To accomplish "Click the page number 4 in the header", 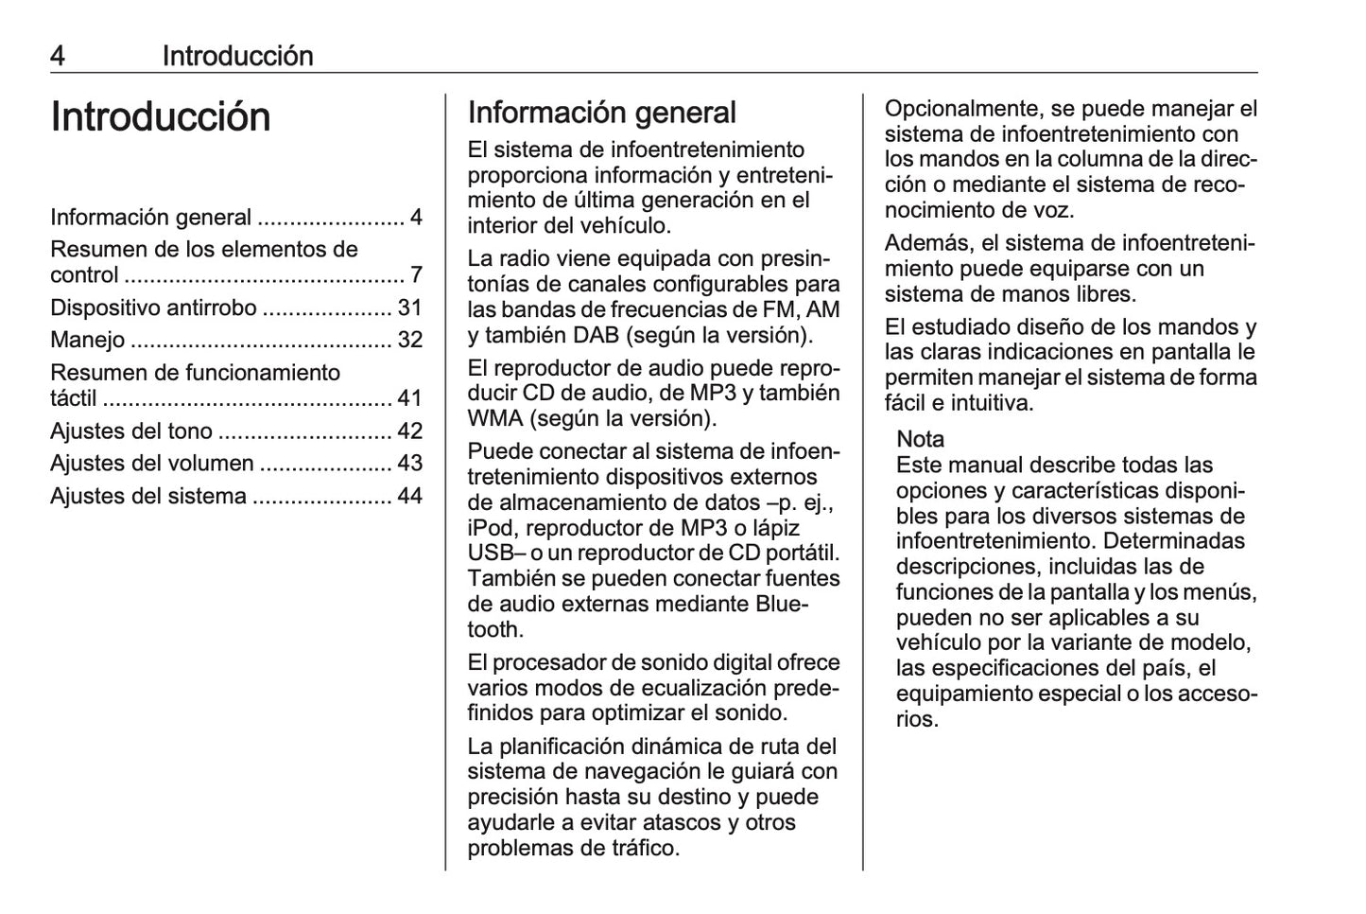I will pyautogui.click(x=58, y=57).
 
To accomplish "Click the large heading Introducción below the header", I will pyautogui.click(x=161, y=117).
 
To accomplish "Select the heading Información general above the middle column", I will pyautogui.click(x=601, y=113).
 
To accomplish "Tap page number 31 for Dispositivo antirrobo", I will pyautogui.click(x=409, y=308).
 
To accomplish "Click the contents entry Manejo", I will pyautogui.click(x=87, y=340).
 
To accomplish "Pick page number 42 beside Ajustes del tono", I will pyautogui.click(x=409, y=431).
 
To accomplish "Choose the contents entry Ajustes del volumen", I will pyautogui.click(x=151, y=464).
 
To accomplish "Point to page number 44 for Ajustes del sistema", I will pyautogui.click(x=409, y=496).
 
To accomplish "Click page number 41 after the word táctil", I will pyautogui.click(x=409, y=398).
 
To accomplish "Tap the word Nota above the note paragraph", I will pyautogui.click(x=920, y=439).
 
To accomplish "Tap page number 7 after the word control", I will pyautogui.click(x=416, y=275).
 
